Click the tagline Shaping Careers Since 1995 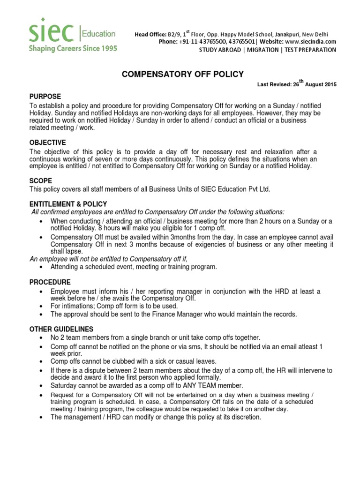[x=73, y=48]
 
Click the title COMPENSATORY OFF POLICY [x=183, y=74]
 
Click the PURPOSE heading [x=45, y=97]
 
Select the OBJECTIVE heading [x=48, y=142]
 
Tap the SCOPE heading [x=41, y=180]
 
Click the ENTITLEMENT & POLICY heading [x=68, y=204]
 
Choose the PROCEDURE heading [x=50, y=282]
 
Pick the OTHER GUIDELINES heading [x=61, y=329]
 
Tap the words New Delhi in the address [x=315, y=34]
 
